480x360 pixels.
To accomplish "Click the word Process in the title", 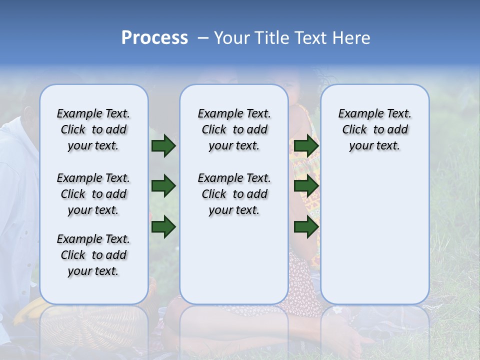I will [154, 37].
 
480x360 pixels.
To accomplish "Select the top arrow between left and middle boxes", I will [163, 146].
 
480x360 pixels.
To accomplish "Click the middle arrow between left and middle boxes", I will [163, 186].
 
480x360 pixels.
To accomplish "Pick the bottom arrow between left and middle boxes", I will [163, 227].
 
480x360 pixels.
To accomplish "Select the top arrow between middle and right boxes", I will [306, 146].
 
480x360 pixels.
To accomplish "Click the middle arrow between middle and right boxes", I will [306, 186].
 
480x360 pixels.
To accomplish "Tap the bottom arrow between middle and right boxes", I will [306, 227].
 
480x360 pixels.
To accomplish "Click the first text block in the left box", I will [93, 129].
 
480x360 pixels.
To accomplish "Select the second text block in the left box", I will [93, 194].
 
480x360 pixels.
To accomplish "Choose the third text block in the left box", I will [93, 255].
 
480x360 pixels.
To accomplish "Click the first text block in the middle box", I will [234, 129].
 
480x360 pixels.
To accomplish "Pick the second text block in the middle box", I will [234, 194].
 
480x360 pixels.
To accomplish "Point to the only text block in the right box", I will [375, 129].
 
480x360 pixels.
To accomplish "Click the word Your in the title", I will [231, 38].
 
